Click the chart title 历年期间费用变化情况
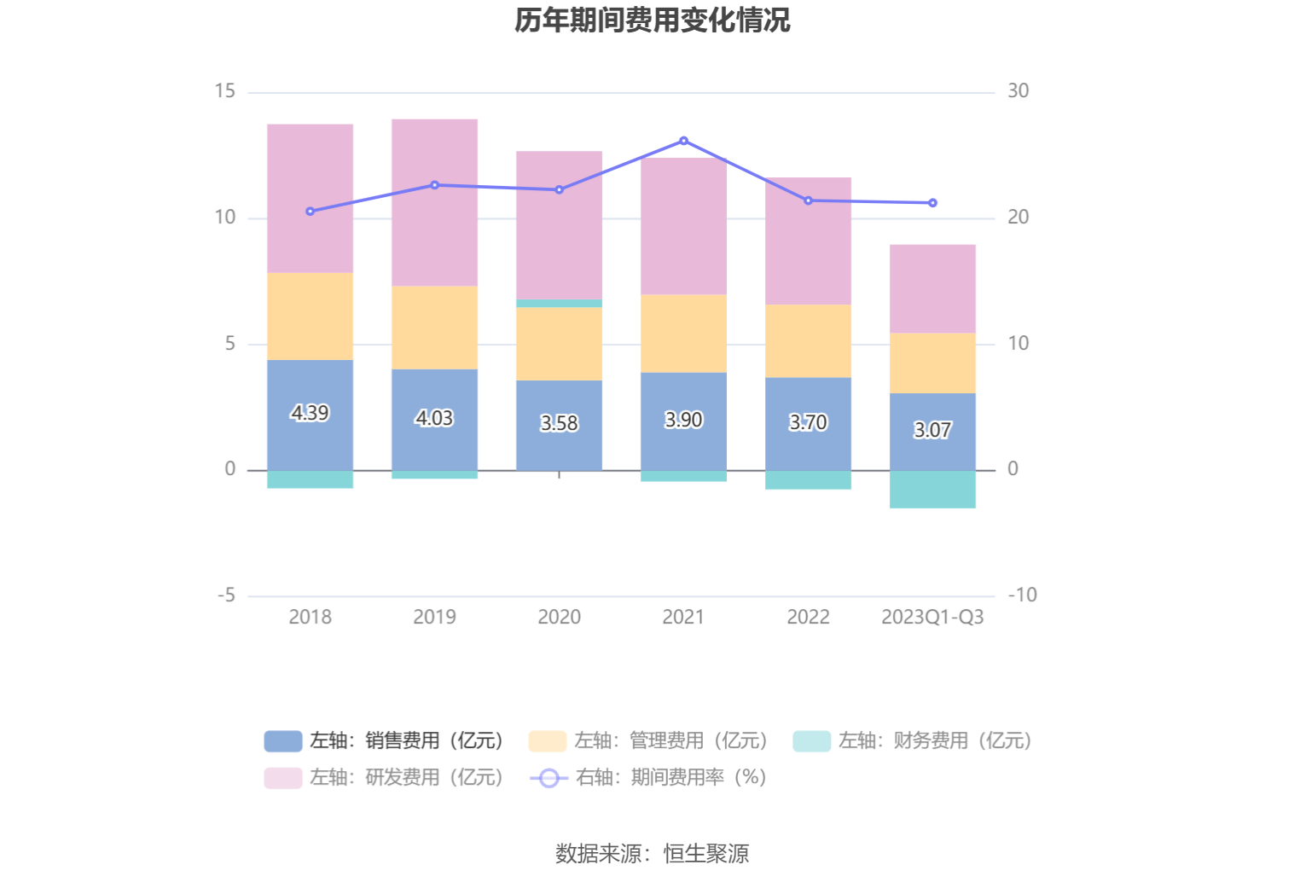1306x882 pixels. pos(653,20)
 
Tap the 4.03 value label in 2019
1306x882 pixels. pos(434,418)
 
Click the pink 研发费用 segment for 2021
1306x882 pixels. pos(683,226)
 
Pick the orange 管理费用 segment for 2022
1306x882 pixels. pos(808,341)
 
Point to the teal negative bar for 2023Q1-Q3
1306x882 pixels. pos(932,490)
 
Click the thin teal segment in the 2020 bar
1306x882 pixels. pos(559,303)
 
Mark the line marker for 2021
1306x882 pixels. pos(683,141)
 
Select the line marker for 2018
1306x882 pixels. pos(310,212)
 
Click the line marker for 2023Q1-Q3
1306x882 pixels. pos(932,203)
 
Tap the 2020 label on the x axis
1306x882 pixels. pos(559,617)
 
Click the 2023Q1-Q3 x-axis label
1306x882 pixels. pos(932,617)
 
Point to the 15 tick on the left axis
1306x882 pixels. pos(225,91)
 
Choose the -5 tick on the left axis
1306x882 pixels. pos(226,595)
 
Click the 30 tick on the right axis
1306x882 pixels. pos(1018,91)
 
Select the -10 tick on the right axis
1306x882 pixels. pos(1022,595)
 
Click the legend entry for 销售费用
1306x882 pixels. pos(384,740)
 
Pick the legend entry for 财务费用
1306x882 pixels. pos(913,740)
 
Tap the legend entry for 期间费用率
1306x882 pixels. pos(648,777)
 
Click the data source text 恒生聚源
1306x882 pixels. pos(705,853)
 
